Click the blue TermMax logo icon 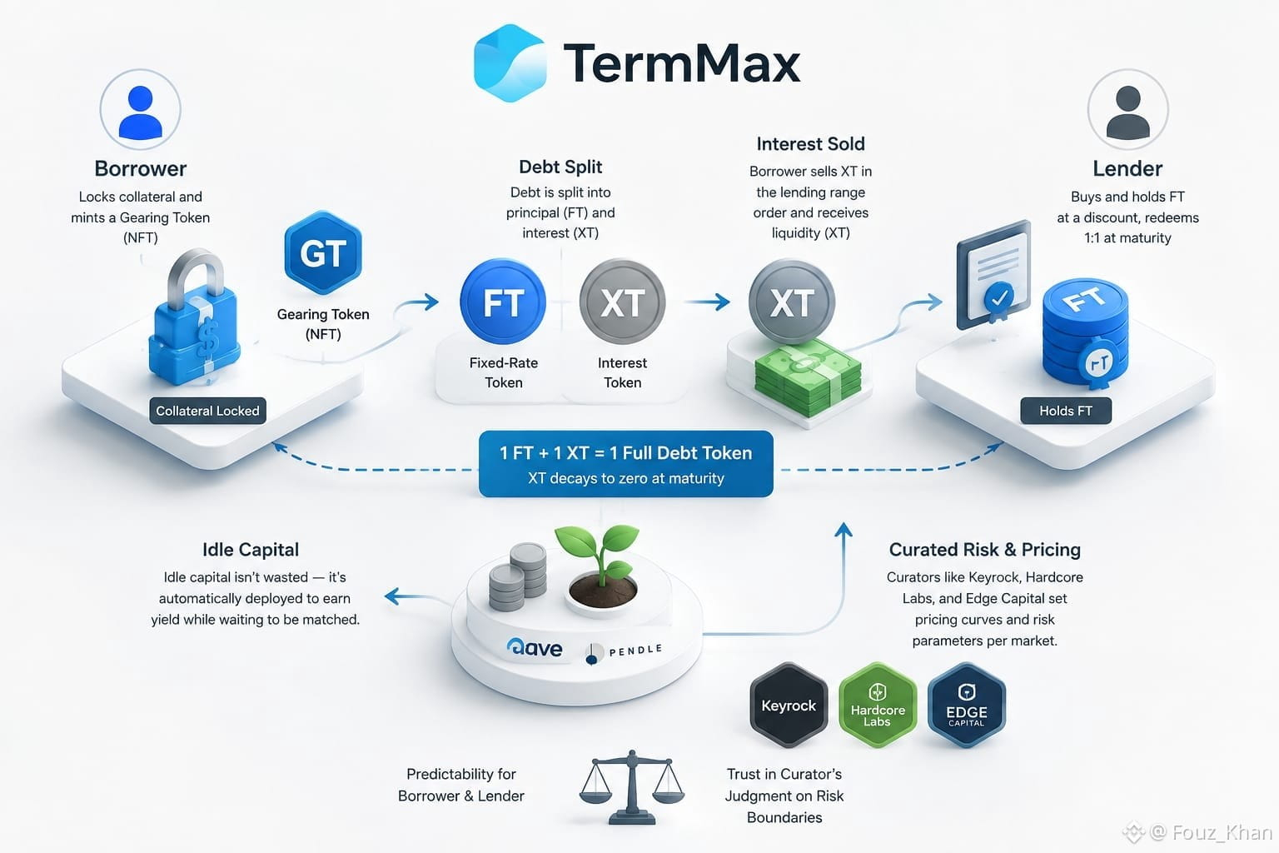coord(510,62)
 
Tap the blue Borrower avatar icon coord(141,112)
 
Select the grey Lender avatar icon coord(1127,112)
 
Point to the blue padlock coord(194,318)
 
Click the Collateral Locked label coord(208,411)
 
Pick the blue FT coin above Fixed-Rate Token coord(503,301)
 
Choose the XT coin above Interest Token coord(622,301)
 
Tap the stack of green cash coord(808,377)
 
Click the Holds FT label coord(1066,411)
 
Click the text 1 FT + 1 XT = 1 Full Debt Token coord(626,453)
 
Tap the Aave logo coord(535,647)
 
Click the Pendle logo coord(624,652)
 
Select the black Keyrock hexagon coord(789,705)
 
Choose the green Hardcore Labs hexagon coord(878,705)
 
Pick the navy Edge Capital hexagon coord(967,705)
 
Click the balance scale coord(631,787)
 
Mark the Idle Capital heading coord(251,550)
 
